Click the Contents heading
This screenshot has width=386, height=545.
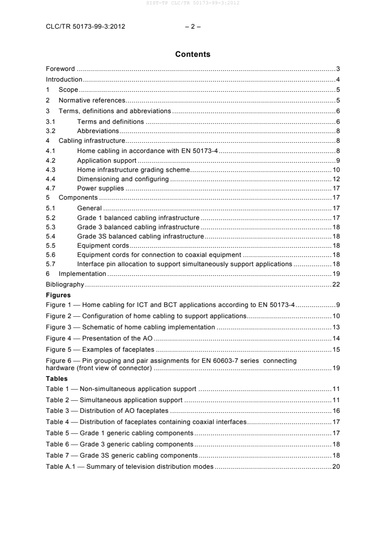click(x=193, y=54)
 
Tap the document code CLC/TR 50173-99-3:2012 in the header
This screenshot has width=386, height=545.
click(x=85, y=27)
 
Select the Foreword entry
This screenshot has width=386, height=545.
click(x=60, y=69)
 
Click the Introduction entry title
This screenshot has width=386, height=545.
click(x=64, y=79)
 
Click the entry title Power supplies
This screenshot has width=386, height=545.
click(x=100, y=188)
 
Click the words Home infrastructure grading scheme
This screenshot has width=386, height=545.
click(x=133, y=170)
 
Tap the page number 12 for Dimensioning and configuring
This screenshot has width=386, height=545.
click(x=336, y=179)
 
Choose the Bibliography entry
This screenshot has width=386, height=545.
click(x=65, y=284)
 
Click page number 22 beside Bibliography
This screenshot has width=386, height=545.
click(x=336, y=284)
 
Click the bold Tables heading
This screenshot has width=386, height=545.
click(x=56, y=378)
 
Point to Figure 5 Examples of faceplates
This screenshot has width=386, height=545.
click(x=100, y=349)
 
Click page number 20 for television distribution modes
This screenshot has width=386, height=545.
click(x=336, y=466)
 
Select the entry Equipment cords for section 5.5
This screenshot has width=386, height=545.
click(x=103, y=246)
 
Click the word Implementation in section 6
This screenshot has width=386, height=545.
click(x=83, y=274)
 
